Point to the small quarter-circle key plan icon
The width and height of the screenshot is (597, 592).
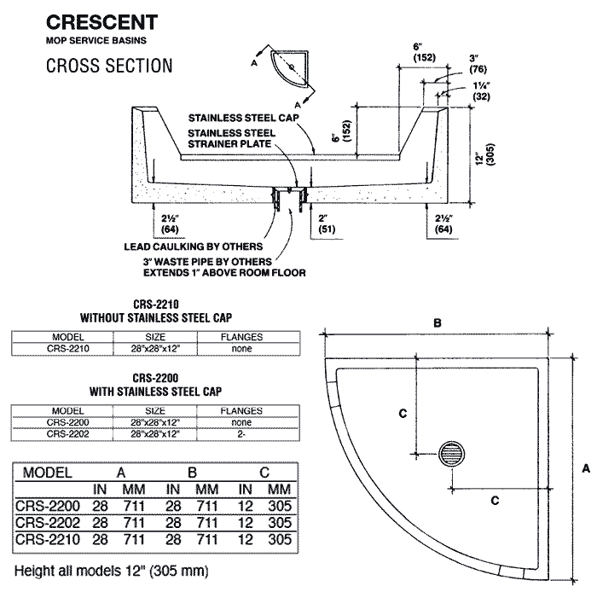[290, 67]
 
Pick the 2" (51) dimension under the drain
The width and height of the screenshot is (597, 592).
[326, 223]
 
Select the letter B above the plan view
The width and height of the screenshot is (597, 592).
[437, 324]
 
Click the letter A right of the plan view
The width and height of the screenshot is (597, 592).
[585, 468]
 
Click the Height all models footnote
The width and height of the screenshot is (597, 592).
[111, 569]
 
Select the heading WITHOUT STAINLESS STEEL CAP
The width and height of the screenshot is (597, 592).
[156, 317]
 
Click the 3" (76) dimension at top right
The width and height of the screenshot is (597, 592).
[478, 64]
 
